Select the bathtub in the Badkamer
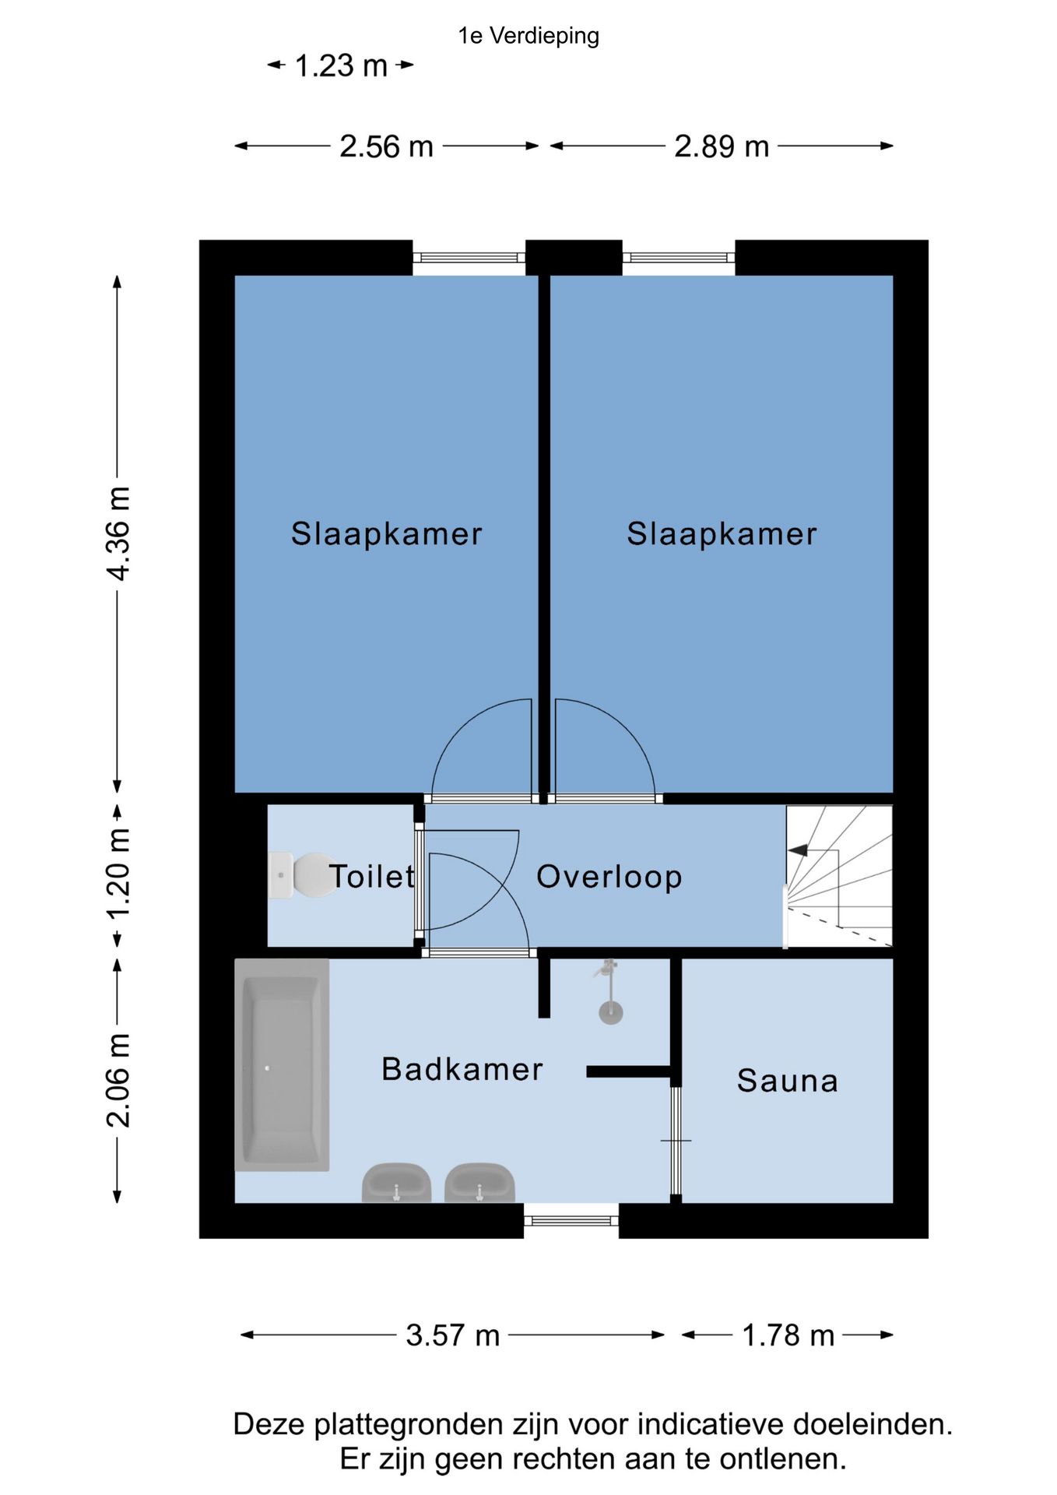(282, 1064)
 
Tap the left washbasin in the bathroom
(396, 1183)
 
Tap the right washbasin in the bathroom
(479, 1183)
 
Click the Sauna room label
(787, 1081)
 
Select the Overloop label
(609, 877)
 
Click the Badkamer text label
(462, 1069)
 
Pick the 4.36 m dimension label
(118, 533)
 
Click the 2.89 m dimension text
(722, 146)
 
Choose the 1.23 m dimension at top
(341, 65)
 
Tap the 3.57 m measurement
(452, 1335)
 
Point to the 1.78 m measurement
(788, 1335)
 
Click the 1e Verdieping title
(528, 36)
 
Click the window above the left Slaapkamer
(469, 258)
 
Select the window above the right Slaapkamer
(679, 258)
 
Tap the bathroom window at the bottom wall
(571, 1220)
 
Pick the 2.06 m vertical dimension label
(118, 1080)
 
